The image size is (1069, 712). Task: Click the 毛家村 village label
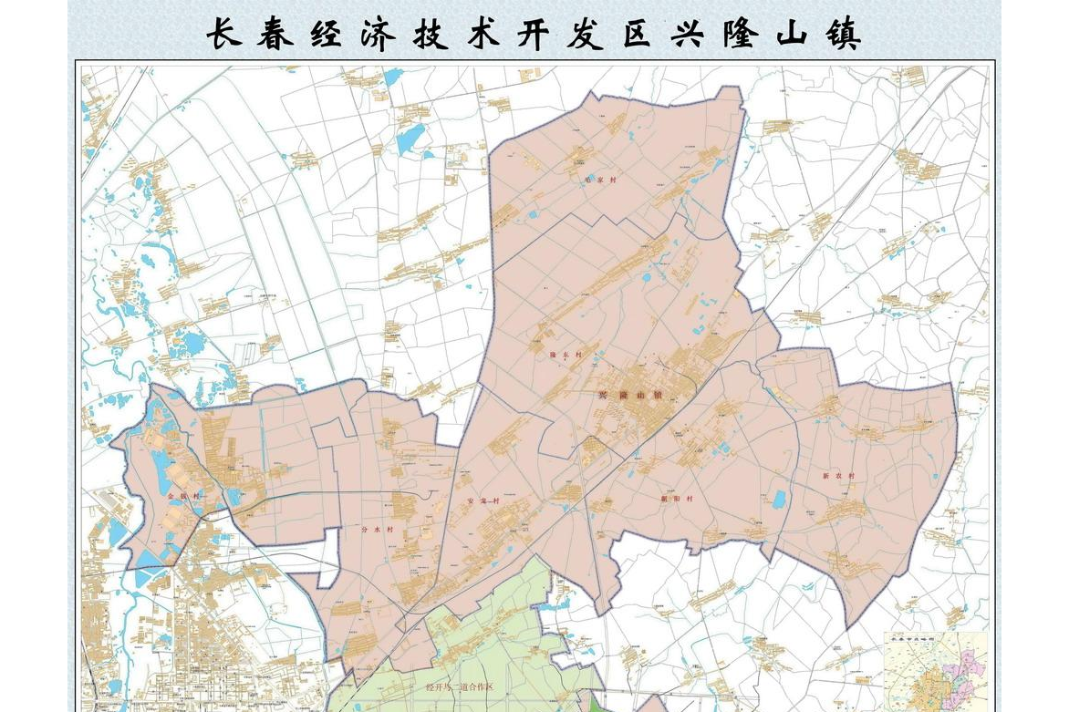601,181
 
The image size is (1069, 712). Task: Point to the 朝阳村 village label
678,499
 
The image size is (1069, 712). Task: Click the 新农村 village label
838,476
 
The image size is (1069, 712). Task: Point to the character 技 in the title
428,35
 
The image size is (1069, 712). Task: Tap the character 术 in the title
481,35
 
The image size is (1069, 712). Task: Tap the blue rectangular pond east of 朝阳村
779,499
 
